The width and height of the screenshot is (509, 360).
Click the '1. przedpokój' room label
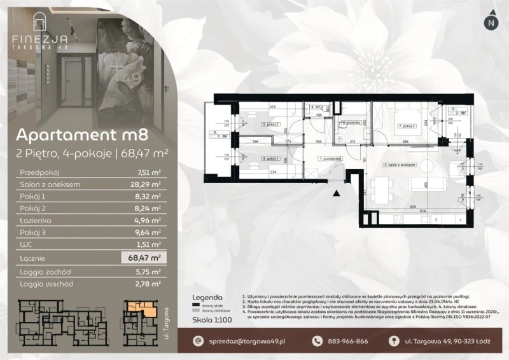pos(331,159)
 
